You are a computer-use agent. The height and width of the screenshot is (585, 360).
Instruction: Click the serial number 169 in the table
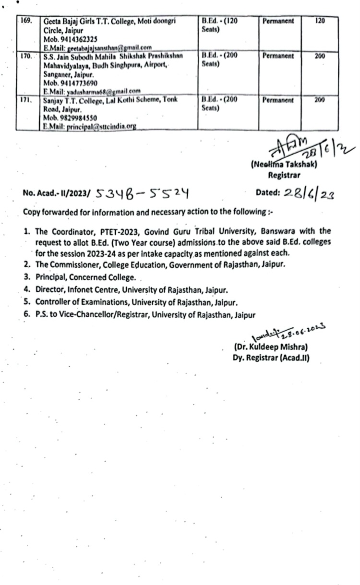point(25,22)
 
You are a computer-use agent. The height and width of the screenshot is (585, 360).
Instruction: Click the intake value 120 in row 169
point(320,22)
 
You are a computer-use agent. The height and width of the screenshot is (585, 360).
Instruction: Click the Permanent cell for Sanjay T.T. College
point(278,100)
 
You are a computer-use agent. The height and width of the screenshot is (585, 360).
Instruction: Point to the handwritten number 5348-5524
point(141,193)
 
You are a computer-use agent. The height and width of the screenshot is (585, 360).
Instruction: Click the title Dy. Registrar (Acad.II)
point(271,357)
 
